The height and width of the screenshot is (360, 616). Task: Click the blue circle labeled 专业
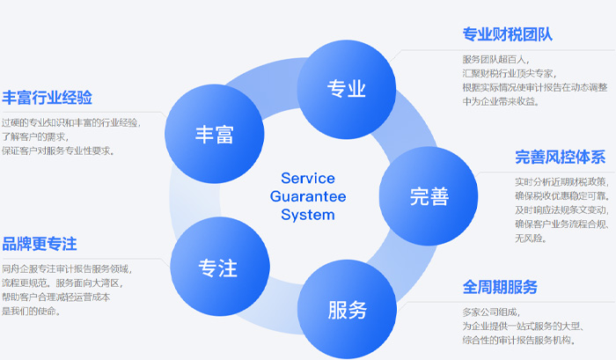346,89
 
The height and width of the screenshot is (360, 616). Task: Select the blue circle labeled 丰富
215,134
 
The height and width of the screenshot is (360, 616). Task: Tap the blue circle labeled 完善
429,196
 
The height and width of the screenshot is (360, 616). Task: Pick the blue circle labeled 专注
220,267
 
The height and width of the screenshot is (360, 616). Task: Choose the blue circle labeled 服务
347,309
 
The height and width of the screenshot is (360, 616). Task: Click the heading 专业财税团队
508,34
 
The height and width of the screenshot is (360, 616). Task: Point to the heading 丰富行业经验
48,98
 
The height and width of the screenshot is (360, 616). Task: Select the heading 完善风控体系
561,158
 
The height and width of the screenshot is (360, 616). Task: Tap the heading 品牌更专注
40,244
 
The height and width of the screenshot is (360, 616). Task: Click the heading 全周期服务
500,287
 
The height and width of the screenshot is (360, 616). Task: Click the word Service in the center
308,178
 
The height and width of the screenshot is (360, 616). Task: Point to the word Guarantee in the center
308,196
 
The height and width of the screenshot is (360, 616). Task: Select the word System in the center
308,215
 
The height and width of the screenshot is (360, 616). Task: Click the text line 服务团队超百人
495,59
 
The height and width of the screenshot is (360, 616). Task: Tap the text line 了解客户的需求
35,136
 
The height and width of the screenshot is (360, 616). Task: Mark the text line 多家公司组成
491,312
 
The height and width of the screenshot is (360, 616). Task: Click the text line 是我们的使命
32,312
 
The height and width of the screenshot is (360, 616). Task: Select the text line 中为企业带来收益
501,102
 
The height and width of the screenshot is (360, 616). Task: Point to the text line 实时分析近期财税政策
561,181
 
